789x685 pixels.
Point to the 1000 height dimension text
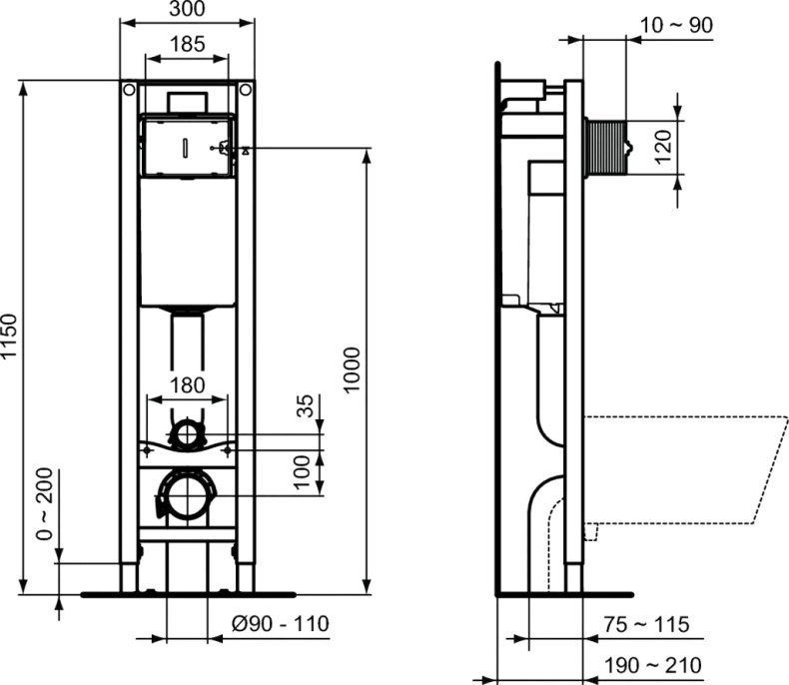[x=353, y=370]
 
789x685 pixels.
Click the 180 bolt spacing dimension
[x=187, y=385]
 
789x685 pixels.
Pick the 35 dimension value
[x=307, y=407]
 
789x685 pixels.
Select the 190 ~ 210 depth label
[x=647, y=664]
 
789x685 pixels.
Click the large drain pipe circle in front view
[x=187, y=494]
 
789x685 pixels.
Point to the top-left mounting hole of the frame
[x=128, y=91]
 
